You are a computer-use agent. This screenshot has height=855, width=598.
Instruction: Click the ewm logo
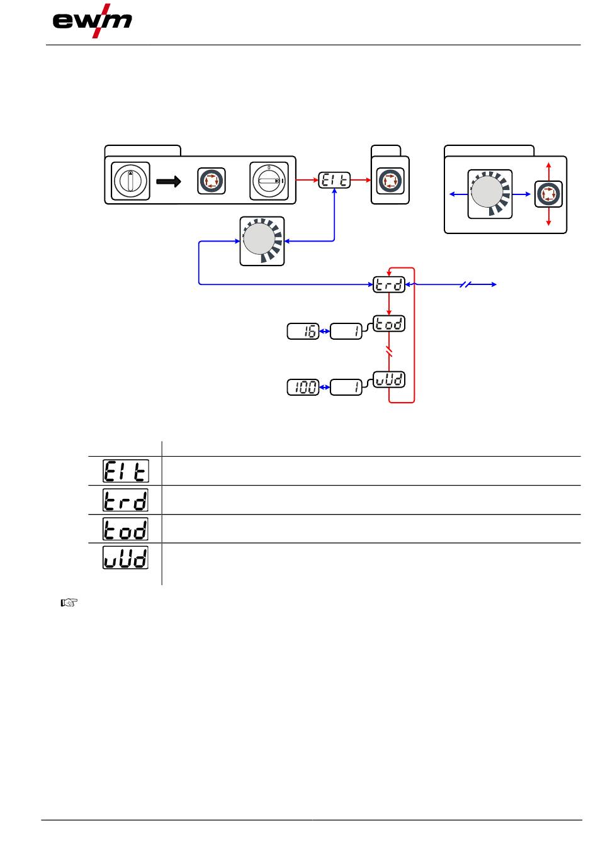point(92,21)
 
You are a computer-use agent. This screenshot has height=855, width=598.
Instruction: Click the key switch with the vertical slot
point(130,181)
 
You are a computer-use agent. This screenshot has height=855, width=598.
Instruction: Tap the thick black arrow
point(169,181)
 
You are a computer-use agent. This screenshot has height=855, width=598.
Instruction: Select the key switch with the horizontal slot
point(269,181)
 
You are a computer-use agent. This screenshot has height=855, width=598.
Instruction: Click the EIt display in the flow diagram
point(334,180)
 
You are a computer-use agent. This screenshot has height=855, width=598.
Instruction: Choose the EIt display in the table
point(126,471)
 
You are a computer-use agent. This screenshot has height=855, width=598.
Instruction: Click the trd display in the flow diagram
point(389,285)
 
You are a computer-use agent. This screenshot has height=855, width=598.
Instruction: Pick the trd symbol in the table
point(126,500)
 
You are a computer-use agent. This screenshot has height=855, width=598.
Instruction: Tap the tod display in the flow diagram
point(389,323)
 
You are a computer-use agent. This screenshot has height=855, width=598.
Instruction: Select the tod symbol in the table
point(126,528)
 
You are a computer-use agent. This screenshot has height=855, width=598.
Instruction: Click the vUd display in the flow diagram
point(389,379)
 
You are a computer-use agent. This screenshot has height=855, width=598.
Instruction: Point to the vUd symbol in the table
point(126,557)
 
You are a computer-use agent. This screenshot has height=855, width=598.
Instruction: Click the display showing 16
point(303,332)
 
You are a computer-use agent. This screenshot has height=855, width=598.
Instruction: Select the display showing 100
point(303,388)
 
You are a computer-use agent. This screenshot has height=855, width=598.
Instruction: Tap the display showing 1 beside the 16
point(346,332)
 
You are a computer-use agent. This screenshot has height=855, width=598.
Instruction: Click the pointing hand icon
point(69,603)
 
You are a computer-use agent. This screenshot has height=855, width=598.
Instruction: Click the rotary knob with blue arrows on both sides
point(490,194)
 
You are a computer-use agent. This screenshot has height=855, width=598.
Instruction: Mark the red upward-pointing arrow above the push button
point(549,171)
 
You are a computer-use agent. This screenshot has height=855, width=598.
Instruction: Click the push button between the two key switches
point(212,181)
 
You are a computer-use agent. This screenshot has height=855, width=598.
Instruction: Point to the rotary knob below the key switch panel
point(262,241)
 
